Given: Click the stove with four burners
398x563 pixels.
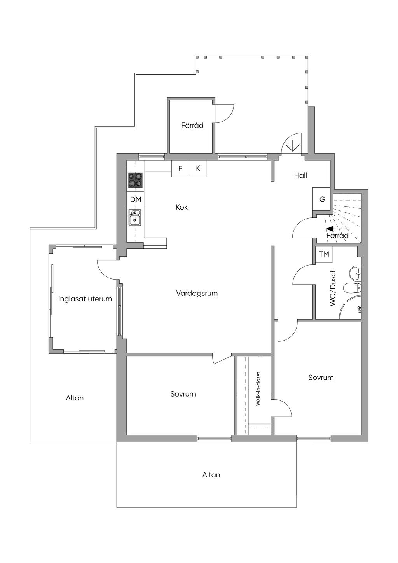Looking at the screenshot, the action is [135, 180].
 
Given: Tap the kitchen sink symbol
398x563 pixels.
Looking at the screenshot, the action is [135, 217].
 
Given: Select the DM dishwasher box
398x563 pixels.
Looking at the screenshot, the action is [136, 199].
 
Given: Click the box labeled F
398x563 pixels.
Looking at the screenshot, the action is [180, 169].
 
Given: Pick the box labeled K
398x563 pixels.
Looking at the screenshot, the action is [198, 168].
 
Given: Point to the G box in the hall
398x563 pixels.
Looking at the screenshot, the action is [322, 199].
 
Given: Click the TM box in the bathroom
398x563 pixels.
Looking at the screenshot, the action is [324, 254].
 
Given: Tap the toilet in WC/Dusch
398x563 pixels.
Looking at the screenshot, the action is [352, 288].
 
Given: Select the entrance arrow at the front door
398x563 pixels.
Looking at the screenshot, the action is [292, 145].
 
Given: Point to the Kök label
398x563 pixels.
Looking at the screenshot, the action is [182, 207].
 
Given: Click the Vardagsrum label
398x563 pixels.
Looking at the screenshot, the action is [197, 294].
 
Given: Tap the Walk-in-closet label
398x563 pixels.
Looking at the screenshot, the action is [258, 389].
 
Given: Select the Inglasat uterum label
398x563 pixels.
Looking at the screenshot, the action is [85, 299].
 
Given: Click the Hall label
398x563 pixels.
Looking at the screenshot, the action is [300, 175].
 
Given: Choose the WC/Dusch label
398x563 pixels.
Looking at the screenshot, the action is [333, 287].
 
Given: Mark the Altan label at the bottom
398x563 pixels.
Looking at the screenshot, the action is [211, 475].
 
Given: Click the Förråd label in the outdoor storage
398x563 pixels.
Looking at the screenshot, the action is [192, 125].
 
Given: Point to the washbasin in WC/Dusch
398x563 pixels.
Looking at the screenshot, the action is [355, 273].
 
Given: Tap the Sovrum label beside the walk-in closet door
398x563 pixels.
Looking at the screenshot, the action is [321, 378].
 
